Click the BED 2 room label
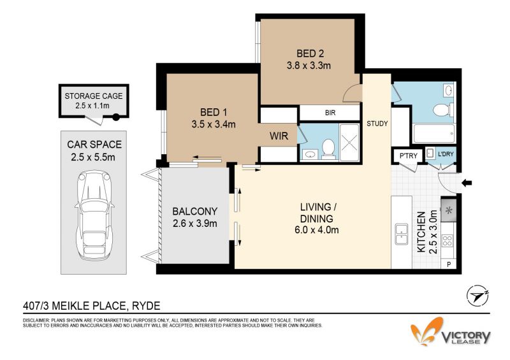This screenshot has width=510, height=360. click(x=310, y=54)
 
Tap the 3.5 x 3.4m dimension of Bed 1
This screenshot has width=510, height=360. click(x=214, y=124)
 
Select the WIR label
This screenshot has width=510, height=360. click(x=279, y=136)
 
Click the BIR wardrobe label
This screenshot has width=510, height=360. click(x=330, y=113)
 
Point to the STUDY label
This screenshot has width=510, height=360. click(x=377, y=124)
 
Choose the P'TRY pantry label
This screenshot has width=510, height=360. click(x=408, y=155)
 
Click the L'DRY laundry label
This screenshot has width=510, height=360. click(x=446, y=154)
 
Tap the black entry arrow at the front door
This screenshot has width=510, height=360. click(x=467, y=184)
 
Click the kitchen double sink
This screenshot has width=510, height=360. click(x=402, y=234)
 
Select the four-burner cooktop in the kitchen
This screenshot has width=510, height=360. click(x=448, y=241)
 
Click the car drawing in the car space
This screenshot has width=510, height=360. click(x=94, y=215)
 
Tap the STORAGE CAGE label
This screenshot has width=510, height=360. click(x=94, y=96)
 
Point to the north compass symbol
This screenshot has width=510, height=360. click(x=477, y=296)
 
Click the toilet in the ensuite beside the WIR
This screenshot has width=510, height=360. click(x=328, y=149)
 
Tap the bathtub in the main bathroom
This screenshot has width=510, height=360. click(x=433, y=133)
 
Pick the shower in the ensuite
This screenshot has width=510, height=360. click(x=349, y=142)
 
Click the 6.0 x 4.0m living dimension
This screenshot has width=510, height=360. click(x=316, y=230)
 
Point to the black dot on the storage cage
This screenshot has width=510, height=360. click(x=116, y=117)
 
